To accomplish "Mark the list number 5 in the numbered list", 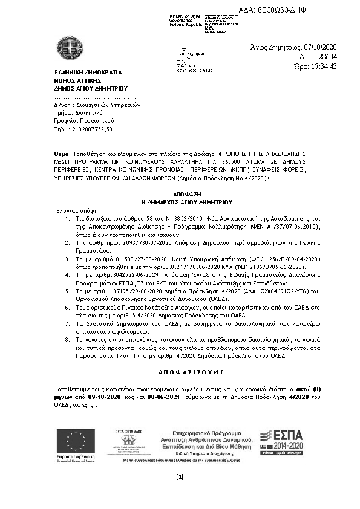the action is pos(69,291).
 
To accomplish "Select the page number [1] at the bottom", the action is pos(179,477).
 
